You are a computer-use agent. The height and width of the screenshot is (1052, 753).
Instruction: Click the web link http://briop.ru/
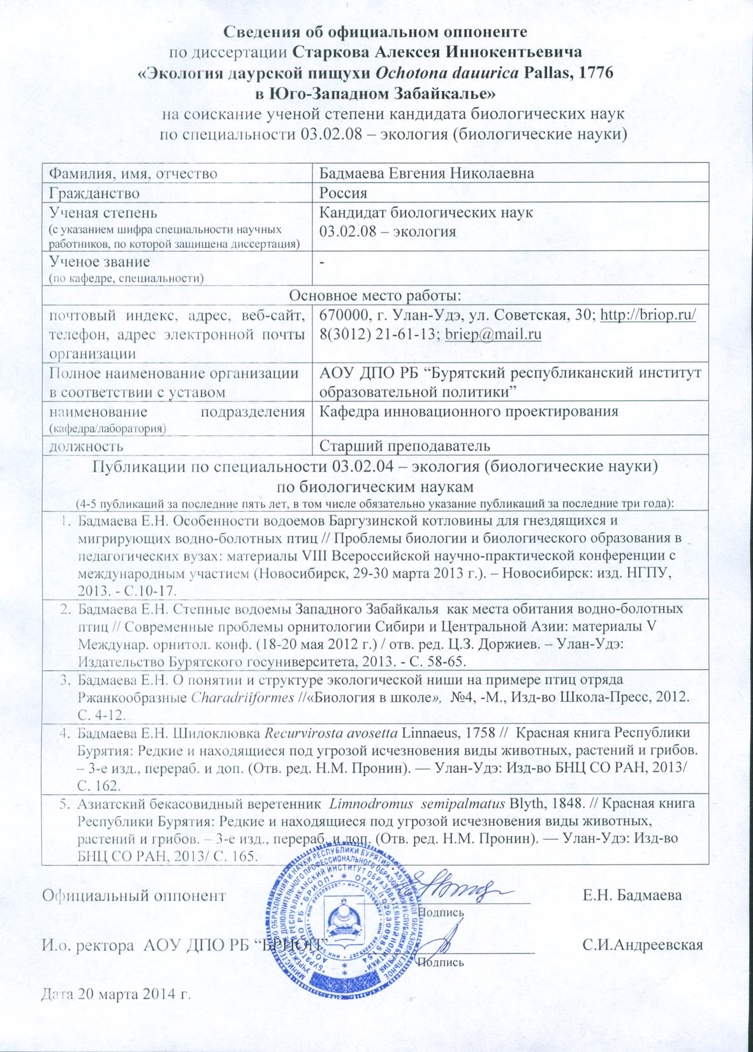coord(648,315)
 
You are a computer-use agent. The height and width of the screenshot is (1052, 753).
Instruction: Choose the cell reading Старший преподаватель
coord(404,445)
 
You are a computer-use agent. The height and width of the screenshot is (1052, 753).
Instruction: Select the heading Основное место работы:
coord(375,296)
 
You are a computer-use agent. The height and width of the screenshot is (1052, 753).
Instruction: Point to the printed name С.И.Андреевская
coord(643,945)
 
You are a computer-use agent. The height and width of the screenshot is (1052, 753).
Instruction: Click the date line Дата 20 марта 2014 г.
coord(117,995)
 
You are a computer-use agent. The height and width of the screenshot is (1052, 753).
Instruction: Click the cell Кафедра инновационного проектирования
coord(469,412)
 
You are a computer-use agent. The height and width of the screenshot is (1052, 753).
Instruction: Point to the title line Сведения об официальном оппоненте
coord(376,31)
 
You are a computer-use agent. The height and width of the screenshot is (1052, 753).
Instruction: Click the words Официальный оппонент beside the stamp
coord(134,895)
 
